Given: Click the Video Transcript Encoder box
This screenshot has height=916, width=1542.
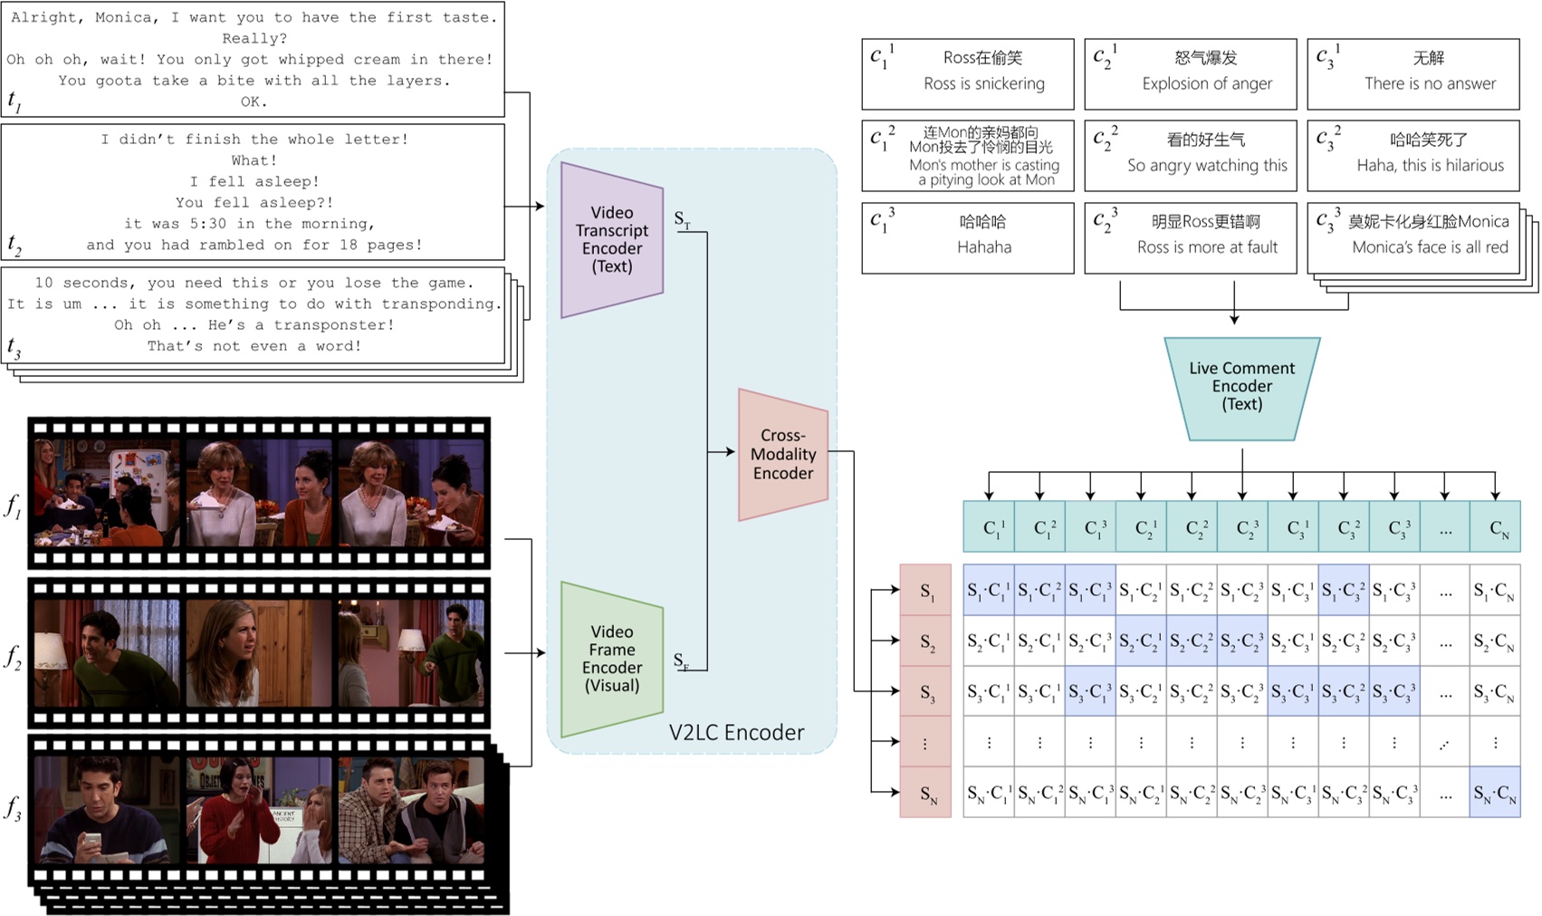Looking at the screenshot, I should pos(612,239).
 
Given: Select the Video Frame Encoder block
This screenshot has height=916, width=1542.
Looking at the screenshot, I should pos(612,659).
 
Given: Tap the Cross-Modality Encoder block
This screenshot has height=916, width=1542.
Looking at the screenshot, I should pos(783,454).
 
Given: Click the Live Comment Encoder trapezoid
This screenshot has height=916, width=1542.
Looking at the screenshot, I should pos(1241,387).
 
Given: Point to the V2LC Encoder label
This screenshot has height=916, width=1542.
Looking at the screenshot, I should pos(736,732).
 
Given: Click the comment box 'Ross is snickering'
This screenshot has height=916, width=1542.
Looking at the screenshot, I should pos(968,73).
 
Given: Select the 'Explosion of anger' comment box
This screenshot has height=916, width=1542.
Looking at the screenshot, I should pos(1191,73).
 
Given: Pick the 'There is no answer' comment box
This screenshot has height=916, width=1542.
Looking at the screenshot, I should pos(1413,73).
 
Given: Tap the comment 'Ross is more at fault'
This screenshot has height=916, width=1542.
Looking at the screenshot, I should pos(1191,237).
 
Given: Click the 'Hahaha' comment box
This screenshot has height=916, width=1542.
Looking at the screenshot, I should pos(968,237).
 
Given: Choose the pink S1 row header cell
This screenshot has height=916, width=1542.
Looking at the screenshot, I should pos(925,590).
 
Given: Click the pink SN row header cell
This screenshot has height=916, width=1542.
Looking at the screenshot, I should pos(925,793).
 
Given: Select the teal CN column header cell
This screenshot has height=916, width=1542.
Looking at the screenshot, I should pos(1495,526).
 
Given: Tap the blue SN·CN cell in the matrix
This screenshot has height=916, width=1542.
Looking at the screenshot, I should pos(1495,793).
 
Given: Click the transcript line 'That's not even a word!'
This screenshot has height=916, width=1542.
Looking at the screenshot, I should pos(254,346).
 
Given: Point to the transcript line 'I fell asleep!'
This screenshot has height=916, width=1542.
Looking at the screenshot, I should pos(254,181).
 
